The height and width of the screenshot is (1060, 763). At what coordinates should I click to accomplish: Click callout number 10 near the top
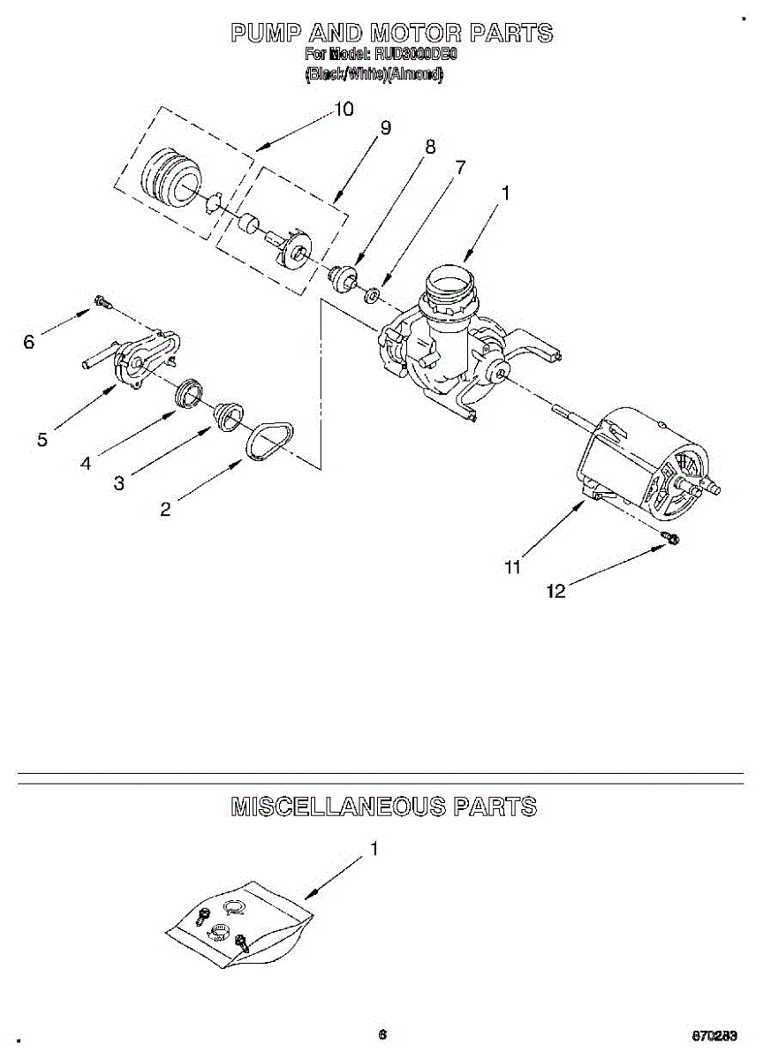[344, 109]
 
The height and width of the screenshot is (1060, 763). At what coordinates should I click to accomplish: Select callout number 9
[385, 127]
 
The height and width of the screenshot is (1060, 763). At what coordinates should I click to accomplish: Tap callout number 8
[430, 148]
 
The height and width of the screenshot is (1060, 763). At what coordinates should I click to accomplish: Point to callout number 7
[460, 167]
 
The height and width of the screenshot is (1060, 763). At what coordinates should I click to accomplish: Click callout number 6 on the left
[28, 342]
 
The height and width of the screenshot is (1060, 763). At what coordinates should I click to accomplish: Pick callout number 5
[42, 439]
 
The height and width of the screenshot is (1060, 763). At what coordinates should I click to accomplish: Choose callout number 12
[555, 592]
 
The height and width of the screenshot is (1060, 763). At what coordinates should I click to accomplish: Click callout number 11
[512, 568]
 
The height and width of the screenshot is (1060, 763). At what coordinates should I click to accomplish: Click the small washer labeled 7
[374, 292]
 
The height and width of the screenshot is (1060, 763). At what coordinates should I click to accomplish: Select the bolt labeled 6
[102, 303]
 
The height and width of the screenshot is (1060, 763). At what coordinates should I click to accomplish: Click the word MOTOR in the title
[416, 34]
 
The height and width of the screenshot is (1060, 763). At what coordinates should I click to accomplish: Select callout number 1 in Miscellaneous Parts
[374, 849]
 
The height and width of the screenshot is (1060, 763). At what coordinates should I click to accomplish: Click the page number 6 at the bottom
[382, 1034]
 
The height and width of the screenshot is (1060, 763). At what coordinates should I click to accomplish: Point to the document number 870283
[715, 1035]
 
